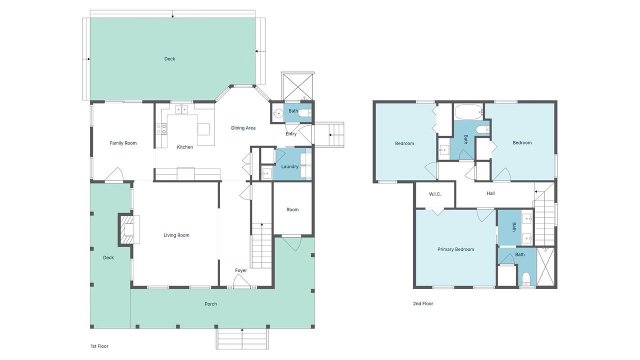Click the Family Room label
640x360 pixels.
point(123,143)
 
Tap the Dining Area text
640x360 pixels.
point(243,128)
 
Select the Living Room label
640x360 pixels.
point(176,235)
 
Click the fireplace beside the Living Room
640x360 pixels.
point(129,229)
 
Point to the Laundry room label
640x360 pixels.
point(289,166)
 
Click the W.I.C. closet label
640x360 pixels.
point(435,194)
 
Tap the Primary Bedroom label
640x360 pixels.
point(455,249)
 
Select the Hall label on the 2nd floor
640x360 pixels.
point(490,193)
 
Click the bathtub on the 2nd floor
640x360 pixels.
point(469,112)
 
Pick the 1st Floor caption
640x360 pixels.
point(99,346)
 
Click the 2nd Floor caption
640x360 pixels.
point(423,303)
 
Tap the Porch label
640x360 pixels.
point(210,304)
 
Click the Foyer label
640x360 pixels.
point(241,270)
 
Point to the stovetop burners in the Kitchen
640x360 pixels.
point(161,129)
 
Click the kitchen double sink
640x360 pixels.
point(181,109)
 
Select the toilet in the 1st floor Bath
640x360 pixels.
point(304,113)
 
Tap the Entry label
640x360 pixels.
point(291,133)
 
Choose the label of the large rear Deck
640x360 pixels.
point(169,59)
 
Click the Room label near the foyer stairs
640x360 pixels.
point(292,209)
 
